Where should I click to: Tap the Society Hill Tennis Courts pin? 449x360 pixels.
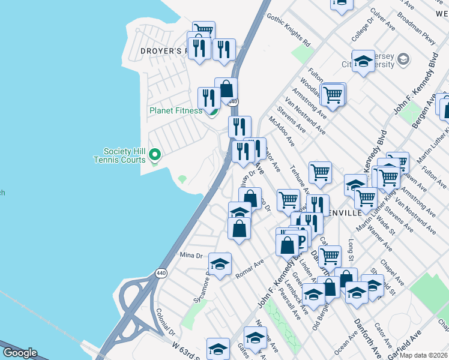point(155,155)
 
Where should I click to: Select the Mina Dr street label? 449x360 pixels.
point(192,256)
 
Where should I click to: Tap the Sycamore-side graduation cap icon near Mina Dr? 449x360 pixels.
point(220,263)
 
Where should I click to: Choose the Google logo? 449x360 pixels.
point(20,353)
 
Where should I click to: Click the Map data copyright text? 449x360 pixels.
point(424,355)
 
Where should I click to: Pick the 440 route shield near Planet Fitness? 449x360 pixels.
point(232,103)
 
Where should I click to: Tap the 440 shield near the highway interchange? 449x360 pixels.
point(160,273)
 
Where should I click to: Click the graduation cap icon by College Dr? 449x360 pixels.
point(363,61)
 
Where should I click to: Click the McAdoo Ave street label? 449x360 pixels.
point(282,131)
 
